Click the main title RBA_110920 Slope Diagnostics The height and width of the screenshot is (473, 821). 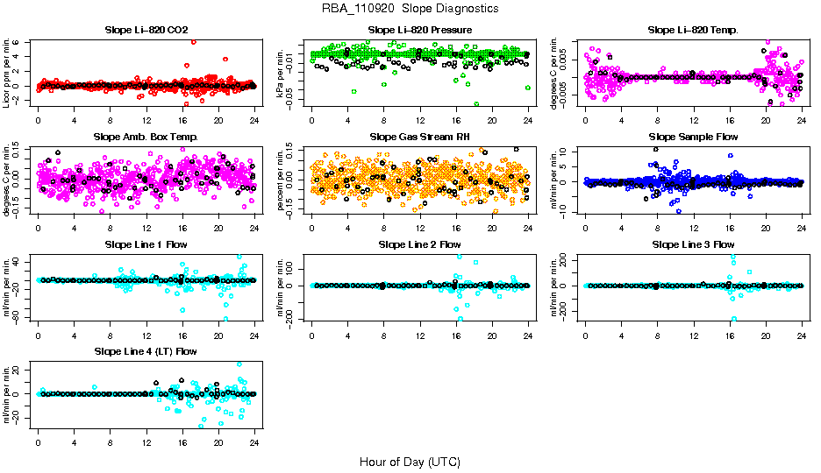410,8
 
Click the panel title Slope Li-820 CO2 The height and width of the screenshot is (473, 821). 146,30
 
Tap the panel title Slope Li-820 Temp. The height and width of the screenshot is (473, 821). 693,30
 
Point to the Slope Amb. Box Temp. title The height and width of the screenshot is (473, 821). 146,137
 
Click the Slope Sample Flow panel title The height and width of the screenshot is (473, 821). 693,137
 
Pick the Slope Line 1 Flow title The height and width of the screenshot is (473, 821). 146,244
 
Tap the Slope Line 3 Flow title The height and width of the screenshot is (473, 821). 693,244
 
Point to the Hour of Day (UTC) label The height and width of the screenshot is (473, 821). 410,461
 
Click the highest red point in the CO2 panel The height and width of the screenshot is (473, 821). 193,41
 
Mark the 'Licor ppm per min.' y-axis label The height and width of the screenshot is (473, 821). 7,72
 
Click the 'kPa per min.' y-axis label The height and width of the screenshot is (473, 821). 281,72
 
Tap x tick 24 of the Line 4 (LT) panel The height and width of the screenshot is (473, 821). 254,443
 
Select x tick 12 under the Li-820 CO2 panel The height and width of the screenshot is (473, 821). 146,121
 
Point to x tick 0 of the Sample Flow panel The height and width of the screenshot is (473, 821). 585,228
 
